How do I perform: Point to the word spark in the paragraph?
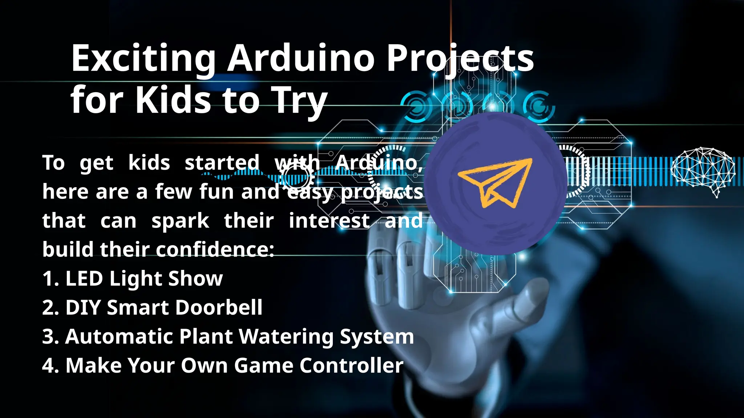pos(180,221)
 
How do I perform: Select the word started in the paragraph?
pos(222,163)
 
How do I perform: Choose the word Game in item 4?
pos(263,365)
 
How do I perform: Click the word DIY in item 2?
pos(83,308)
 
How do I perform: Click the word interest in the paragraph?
pos(329,221)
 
